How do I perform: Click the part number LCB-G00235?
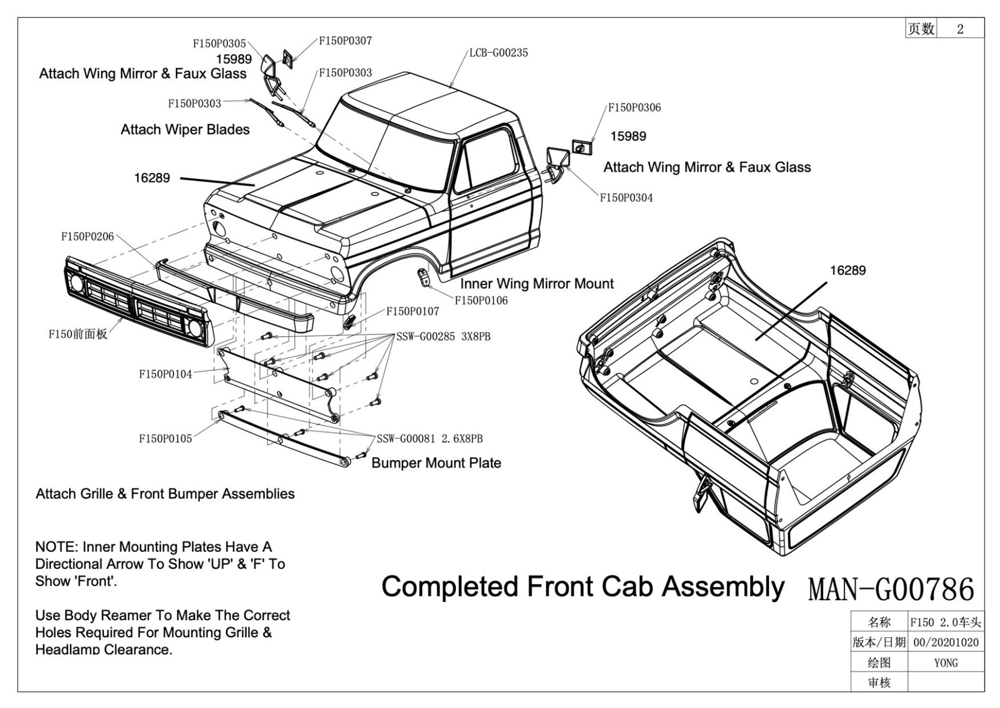498,53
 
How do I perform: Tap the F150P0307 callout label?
345,41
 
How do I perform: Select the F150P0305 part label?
219,44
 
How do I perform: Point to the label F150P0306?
634,108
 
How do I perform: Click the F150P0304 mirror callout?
626,198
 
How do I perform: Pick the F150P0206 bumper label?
87,237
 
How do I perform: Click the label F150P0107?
413,311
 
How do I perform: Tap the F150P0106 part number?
481,300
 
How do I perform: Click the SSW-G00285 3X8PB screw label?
443,337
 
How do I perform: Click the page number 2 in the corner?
960,29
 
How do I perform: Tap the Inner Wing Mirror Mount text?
537,284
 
